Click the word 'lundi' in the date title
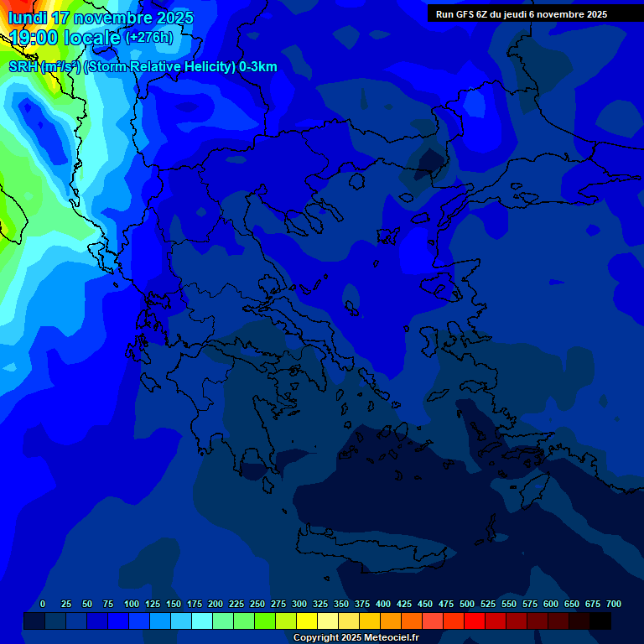28,18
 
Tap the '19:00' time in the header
33,39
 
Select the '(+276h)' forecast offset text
149,38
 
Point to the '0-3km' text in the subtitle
258,67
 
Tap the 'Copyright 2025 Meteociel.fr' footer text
356,638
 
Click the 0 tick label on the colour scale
43,605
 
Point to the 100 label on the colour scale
132,605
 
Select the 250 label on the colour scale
257,605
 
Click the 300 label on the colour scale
299,605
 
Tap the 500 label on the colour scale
467,605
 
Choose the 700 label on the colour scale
614,605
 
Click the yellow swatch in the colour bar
307,621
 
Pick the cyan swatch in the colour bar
202,621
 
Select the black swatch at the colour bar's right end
600,621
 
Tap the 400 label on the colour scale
383,605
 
